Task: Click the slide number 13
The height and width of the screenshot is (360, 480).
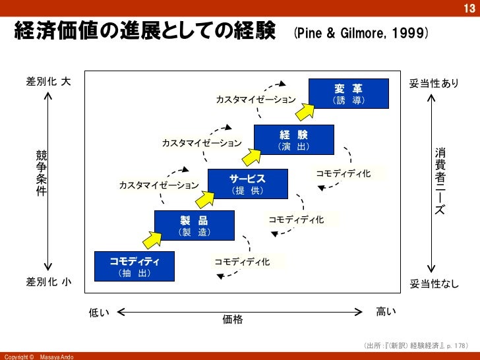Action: coord(469,7)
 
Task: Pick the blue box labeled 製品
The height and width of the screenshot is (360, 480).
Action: coord(194,225)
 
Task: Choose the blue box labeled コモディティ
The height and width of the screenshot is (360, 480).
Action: coord(135,266)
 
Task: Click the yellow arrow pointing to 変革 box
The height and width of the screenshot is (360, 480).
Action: coord(305,111)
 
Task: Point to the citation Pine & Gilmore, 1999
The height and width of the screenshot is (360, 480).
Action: coord(361,32)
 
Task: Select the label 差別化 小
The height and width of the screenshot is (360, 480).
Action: coord(49,282)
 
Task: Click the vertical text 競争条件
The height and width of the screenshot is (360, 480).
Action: coord(42,173)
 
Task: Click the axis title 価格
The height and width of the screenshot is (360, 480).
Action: coord(233,320)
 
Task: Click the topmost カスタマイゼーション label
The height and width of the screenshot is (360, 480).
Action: coord(256,100)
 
